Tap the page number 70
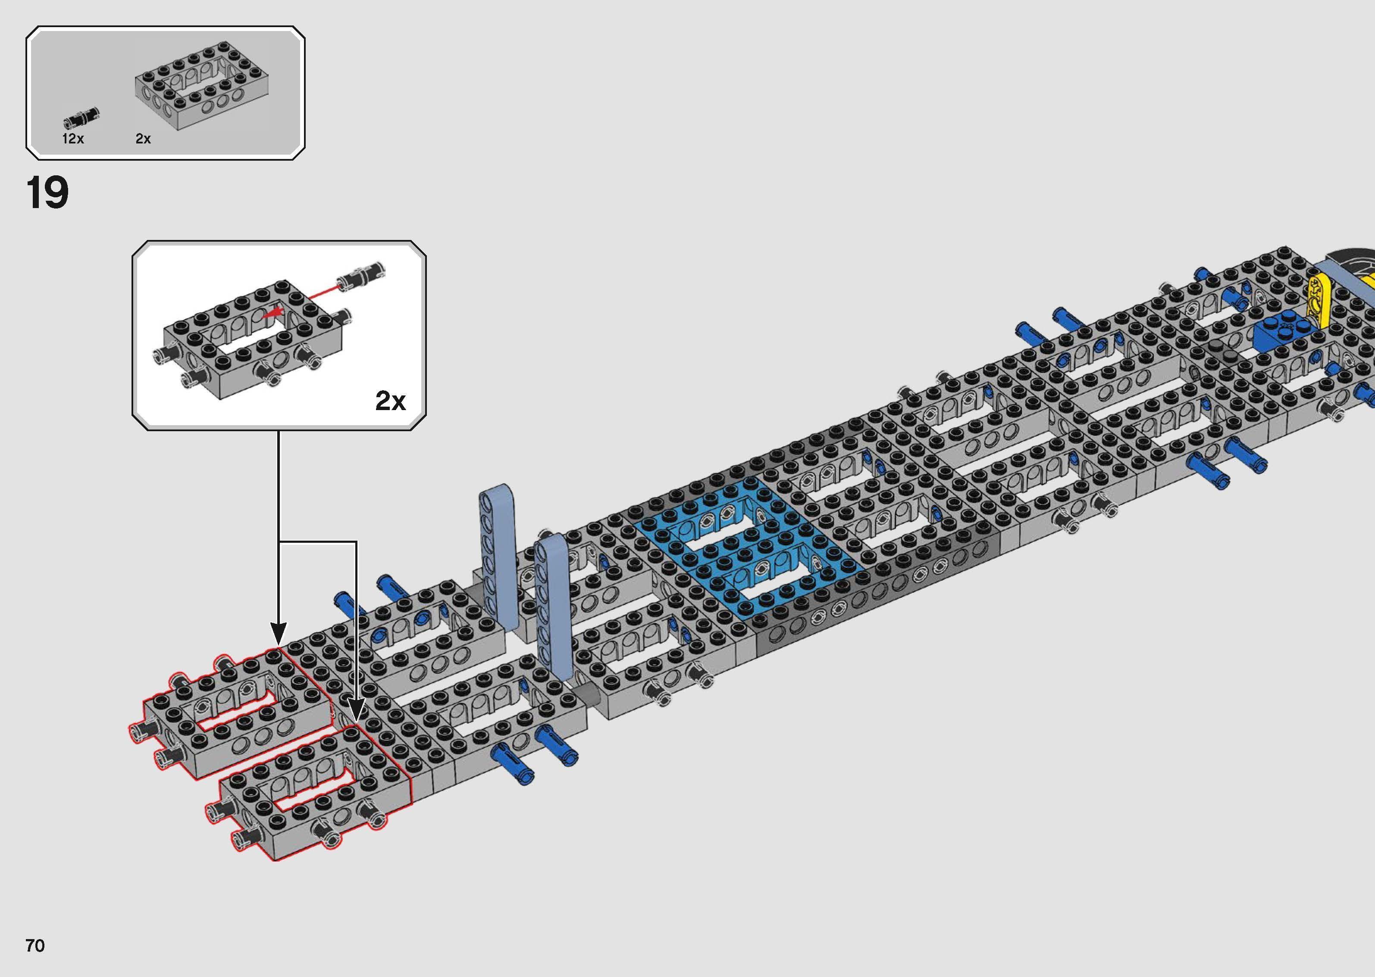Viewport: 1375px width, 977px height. click(x=35, y=946)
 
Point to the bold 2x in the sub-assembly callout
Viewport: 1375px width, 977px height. click(x=391, y=401)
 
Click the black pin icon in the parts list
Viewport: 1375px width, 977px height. click(x=81, y=117)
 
